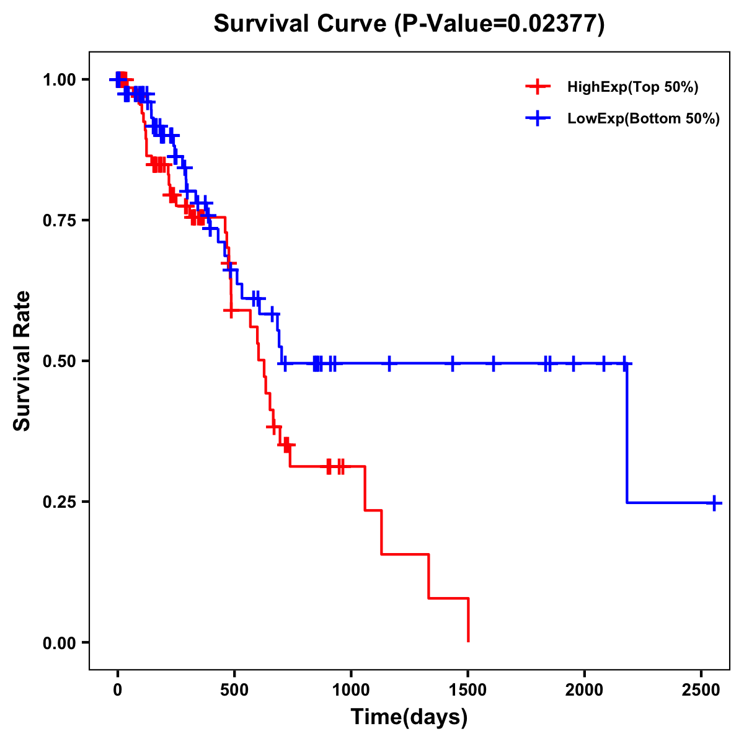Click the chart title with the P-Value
(x=409, y=24)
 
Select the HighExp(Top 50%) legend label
(x=632, y=87)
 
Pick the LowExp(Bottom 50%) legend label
(x=644, y=119)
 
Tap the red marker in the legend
(x=538, y=87)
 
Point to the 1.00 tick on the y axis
(x=59, y=80)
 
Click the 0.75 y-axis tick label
(x=59, y=221)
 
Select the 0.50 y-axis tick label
(x=59, y=361)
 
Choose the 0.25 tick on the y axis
(x=59, y=502)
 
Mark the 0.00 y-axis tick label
(x=59, y=643)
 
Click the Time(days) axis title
(x=409, y=717)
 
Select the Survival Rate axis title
(x=23, y=361)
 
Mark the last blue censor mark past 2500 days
(x=715, y=503)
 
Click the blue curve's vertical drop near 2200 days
(x=627, y=434)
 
